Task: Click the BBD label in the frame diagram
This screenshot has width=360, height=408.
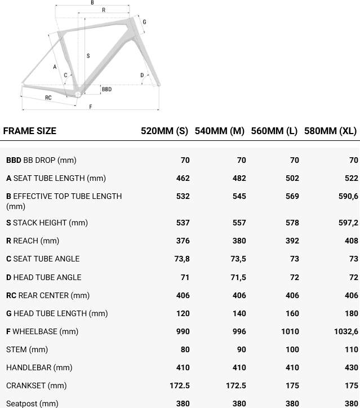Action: click(106, 89)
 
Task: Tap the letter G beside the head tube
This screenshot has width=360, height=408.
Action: click(144, 22)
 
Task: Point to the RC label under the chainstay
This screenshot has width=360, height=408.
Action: click(48, 97)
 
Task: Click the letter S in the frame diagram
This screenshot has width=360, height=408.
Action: click(88, 55)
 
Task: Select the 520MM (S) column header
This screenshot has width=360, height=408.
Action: click(164, 131)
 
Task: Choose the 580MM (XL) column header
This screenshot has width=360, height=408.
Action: click(330, 131)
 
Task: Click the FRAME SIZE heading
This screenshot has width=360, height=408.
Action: click(30, 131)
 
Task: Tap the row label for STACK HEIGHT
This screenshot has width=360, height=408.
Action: click(47, 223)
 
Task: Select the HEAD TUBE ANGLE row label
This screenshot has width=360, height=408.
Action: click(43, 277)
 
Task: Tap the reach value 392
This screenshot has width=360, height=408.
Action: click(292, 241)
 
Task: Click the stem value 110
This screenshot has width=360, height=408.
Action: click(351, 349)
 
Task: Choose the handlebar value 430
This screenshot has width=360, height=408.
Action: click(351, 367)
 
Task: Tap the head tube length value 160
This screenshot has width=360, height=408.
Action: click(292, 313)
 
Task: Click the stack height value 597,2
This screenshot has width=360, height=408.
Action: click(348, 223)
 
